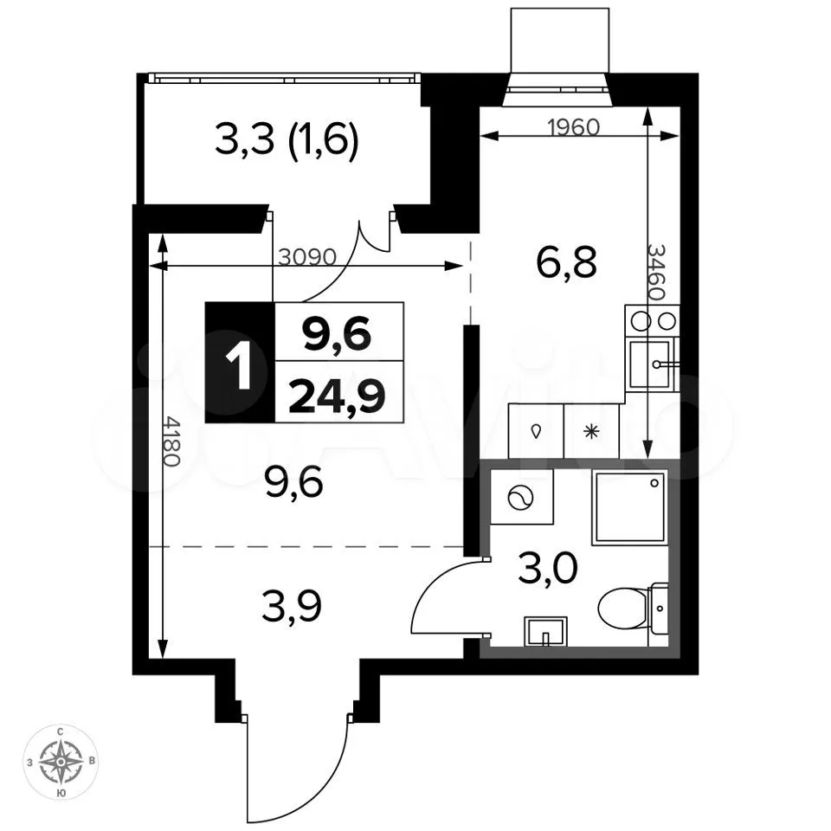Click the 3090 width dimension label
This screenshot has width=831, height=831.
[307, 257]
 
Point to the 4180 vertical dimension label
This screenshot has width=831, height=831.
[172, 441]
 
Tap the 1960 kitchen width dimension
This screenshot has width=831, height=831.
[573, 127]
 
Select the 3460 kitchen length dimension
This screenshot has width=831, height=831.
[656, 273]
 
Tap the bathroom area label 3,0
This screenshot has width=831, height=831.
[547, 568]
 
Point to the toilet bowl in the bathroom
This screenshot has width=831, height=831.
[631, 608]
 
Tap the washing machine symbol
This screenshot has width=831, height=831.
[521, 498]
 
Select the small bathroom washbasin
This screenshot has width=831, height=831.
[545, 631]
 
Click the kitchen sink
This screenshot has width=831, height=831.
[651, 364]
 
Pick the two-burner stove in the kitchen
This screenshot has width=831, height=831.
[652, 320]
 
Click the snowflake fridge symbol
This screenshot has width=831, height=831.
[591, 432]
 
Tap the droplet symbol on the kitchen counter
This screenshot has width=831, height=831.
[536, 431]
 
